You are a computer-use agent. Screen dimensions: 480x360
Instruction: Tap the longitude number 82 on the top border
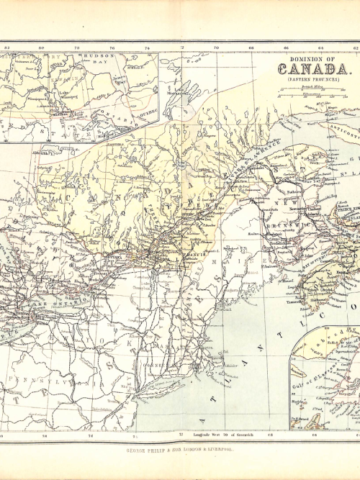pos(6,47)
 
